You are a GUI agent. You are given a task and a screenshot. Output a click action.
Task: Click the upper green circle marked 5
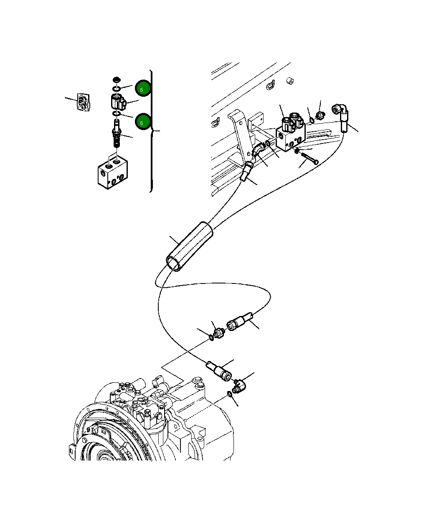tap(142, 89)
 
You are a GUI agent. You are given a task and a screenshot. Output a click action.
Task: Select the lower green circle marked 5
tap(142, 123)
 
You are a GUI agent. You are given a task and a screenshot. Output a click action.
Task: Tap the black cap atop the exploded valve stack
tap(117, 80)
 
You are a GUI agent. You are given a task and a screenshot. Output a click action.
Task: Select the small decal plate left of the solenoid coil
tap(84, 103)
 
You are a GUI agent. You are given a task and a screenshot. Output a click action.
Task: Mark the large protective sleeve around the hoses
tap(189, 247)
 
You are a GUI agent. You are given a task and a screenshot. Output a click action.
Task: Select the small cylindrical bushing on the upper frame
tap(289, 80)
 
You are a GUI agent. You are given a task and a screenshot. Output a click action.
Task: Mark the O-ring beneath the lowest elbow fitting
tap(229, 394)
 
